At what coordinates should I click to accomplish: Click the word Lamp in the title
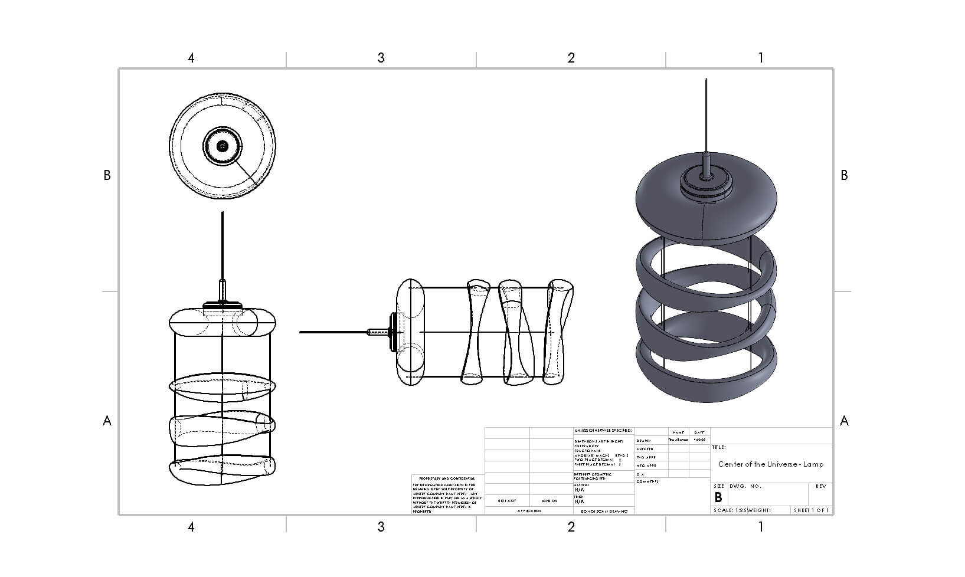coord(813,464)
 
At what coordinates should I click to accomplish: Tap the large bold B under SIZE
coord(718,497)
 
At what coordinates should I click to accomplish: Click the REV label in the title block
coord(820,487)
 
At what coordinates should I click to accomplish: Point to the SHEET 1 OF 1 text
coord(811,510)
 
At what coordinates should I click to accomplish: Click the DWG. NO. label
coord(745,487)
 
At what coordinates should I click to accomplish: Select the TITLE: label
coord(719,448)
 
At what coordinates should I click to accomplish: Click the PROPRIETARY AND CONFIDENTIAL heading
coord(447,478)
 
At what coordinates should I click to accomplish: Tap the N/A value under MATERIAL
coord(579,490)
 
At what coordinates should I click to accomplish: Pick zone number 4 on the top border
coord(191,58)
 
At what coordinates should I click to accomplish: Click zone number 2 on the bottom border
coord(571,527)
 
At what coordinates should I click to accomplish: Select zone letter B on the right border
coord(844,175)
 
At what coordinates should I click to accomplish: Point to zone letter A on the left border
coord(107,421)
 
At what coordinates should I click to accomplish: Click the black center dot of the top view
coord(223,146)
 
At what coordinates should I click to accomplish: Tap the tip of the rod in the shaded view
coord(706,80)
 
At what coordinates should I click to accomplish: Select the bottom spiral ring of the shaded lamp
coord(706,381)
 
